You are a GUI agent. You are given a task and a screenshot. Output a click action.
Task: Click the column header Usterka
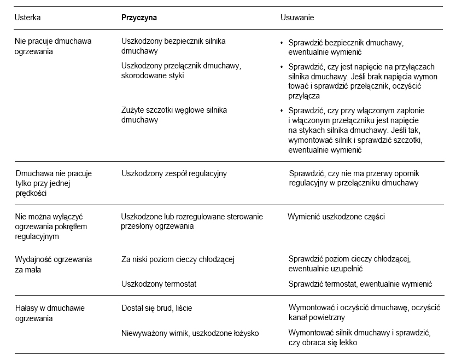[x=27, y=18]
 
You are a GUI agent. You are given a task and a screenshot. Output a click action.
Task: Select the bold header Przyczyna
[x=139, y=18]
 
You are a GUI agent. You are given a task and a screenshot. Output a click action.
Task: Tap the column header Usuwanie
[x=297, y=18]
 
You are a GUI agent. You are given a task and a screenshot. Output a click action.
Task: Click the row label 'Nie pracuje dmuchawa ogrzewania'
[x=53, y=46]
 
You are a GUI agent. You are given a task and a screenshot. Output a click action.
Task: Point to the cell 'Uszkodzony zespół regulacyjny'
[x=173, y=173]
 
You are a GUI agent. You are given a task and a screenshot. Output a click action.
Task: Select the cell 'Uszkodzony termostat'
[x=158, y=283]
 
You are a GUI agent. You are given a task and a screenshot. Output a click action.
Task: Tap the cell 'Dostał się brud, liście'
[x=156, y=309]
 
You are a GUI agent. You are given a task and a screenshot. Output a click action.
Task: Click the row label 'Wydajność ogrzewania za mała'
[x=53, y=264]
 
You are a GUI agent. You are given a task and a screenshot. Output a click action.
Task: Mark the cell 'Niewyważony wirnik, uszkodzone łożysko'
[x=190, y=333]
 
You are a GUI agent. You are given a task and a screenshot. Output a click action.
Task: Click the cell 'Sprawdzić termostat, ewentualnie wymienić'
[x=360, y=283]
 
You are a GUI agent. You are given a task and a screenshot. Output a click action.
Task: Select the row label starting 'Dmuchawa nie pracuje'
[x=53, y=183]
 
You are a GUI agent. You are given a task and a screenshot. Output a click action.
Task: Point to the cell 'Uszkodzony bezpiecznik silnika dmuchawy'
[x=173, y=46]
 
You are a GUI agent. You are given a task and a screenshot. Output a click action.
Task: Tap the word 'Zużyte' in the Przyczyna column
[x=132, y=109]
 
